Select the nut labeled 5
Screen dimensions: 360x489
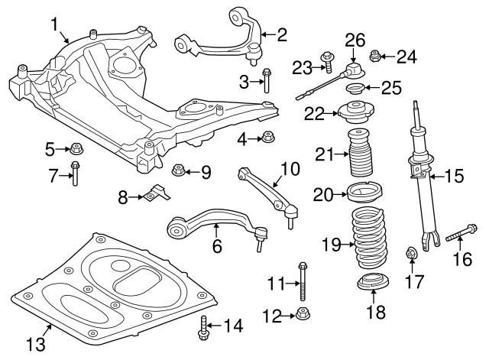point(77,148)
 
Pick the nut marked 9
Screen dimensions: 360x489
point(178,170)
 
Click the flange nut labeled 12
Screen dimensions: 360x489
point(303,313)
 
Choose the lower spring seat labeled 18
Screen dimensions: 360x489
point(372,284)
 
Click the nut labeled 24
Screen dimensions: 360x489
point(376,55)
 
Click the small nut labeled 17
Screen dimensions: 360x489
point(410,253)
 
